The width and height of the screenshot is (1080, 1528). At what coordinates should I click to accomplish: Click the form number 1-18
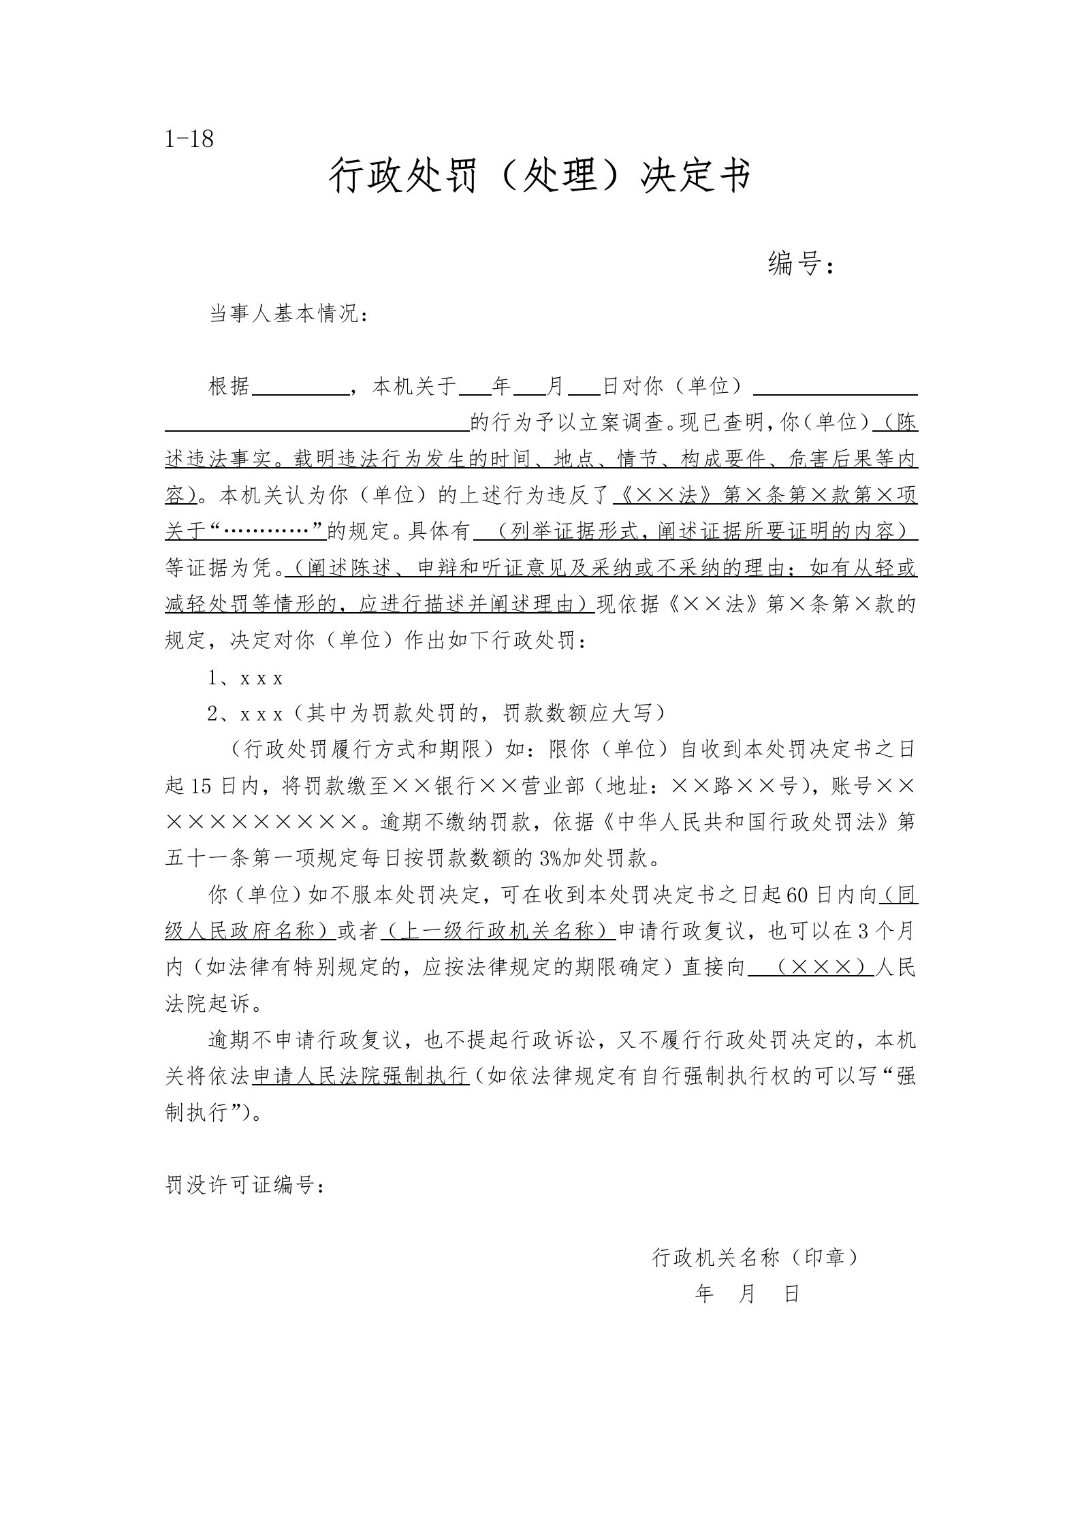click(x=189, y=140)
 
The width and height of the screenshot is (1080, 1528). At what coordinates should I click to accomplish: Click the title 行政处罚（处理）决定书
click(x=540, y=176)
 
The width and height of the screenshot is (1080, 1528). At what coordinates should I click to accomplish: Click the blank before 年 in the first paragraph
click(x=475, y=388)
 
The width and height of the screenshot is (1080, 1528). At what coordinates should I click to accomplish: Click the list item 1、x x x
click(x=245, y=678)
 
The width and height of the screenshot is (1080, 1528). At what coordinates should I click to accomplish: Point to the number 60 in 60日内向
click(x=796, y=895)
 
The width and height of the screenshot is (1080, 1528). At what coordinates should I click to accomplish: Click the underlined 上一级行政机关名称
click(x=498, y=931)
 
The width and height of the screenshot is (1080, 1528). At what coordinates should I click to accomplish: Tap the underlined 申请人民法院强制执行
click(x=361, y=1076)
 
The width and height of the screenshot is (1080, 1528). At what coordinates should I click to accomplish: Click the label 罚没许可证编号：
click(x=246, y=1185)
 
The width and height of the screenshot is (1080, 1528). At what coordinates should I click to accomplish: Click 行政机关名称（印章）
click(x=755, y=1258)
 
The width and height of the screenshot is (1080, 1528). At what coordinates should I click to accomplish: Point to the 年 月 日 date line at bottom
click(x=746, y=1294)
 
